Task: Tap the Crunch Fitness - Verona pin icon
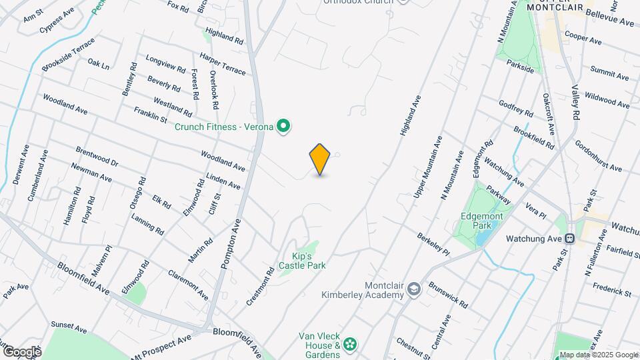[x=283, y=126]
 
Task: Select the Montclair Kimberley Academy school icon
[x=414, y=288]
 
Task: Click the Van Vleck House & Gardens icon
[x=349, y=345]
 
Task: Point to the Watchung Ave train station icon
[x=570, y=238]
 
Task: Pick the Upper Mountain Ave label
[x=428, y=167]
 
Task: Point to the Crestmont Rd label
[x=261, y=286]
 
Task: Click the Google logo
[x=21, y=351]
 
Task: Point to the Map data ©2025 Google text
[x=599, y=355]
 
